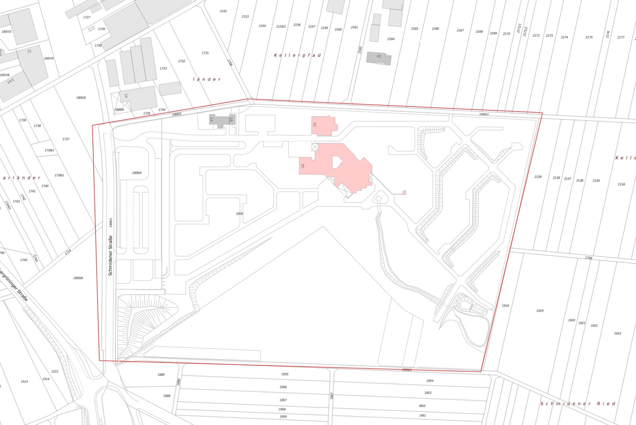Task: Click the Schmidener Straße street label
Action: [111, 255]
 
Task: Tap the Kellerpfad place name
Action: [297, 55]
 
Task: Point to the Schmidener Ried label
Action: [578, 404]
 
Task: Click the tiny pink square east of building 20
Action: [404, 193]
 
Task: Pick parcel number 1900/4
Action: [137, 173]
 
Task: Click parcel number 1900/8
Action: [78, 278]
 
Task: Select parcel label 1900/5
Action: [81, 98]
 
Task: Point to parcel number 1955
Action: [285, 374]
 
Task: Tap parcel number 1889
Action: [161, 375]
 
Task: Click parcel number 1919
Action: [540, 311]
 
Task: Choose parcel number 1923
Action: [617, 333]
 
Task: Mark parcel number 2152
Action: [223, 11]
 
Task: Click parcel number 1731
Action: [205, 53]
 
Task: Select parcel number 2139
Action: [538, 177]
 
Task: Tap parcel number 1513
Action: [24, 382]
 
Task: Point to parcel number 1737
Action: [66, 139]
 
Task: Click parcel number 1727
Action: [87, 18]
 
